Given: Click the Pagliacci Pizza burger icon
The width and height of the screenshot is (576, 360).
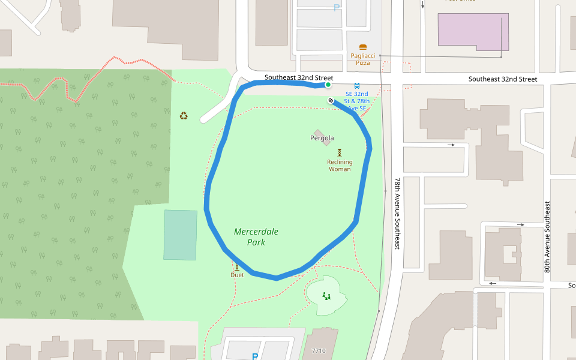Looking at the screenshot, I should (362, 47).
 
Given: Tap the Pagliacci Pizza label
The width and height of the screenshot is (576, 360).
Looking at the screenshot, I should (362, 59).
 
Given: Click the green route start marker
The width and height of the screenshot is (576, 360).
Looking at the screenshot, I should (328, 85).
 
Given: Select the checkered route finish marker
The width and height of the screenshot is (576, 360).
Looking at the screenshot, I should (331, 100).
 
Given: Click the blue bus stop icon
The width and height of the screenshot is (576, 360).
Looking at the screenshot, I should (357, 86).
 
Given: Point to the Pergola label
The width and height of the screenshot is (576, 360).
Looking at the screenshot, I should (322, 138).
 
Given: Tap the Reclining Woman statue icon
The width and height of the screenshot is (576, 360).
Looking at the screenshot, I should (339, 153).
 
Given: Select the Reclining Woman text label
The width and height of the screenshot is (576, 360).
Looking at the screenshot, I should (340, 165).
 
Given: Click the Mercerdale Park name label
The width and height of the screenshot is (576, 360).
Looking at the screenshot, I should (256, 236).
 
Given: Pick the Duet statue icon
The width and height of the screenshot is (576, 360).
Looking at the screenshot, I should (237, 267).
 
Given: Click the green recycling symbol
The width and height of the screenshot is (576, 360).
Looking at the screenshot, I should (184, 115).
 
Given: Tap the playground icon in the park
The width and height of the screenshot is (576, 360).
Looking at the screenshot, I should (326, 295).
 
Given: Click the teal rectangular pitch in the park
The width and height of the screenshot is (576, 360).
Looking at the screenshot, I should (180, 235).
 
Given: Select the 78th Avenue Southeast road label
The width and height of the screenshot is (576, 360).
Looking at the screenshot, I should (397, 213).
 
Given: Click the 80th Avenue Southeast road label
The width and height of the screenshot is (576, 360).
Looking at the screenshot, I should (547, 238).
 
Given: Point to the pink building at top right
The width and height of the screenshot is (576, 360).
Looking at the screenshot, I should (473, 32).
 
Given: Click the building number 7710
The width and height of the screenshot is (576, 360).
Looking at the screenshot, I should (319, 350).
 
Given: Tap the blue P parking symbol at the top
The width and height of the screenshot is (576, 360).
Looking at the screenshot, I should (336, 8).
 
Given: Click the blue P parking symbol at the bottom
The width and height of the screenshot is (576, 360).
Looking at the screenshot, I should (255, 356).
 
